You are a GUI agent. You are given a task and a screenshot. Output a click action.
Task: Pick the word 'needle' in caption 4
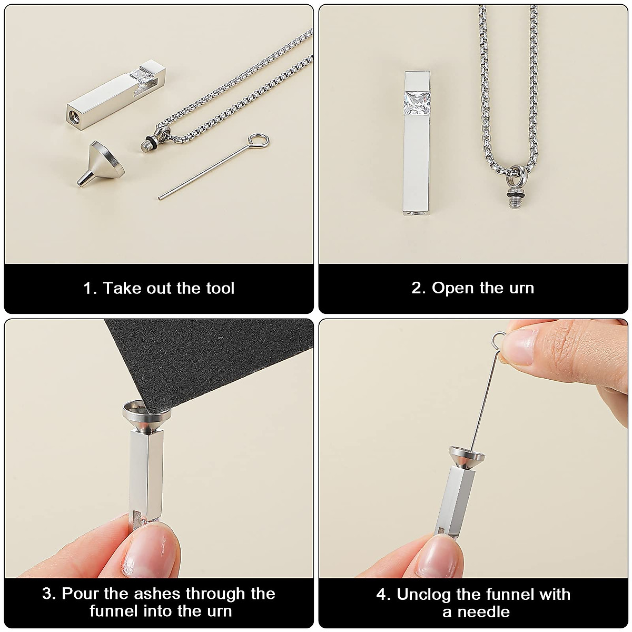[485, 611]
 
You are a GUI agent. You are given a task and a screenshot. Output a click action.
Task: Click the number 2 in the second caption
[416, 289]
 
